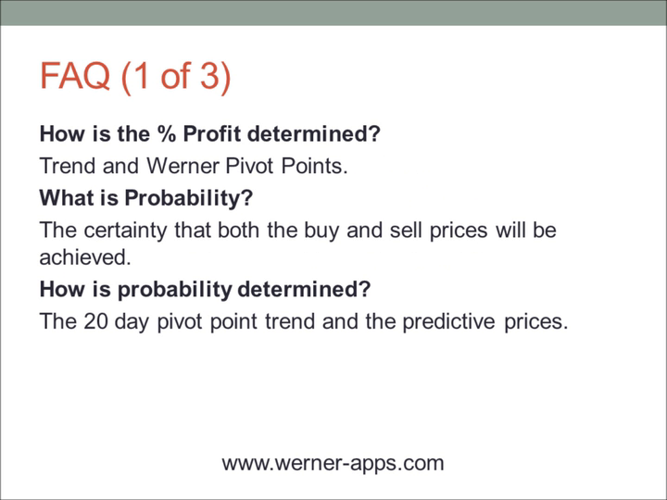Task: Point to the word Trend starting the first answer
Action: point(67,167)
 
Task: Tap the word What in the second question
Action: point(65,199)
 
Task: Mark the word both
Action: point(235,230)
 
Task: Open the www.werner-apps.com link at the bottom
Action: point(333,462)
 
